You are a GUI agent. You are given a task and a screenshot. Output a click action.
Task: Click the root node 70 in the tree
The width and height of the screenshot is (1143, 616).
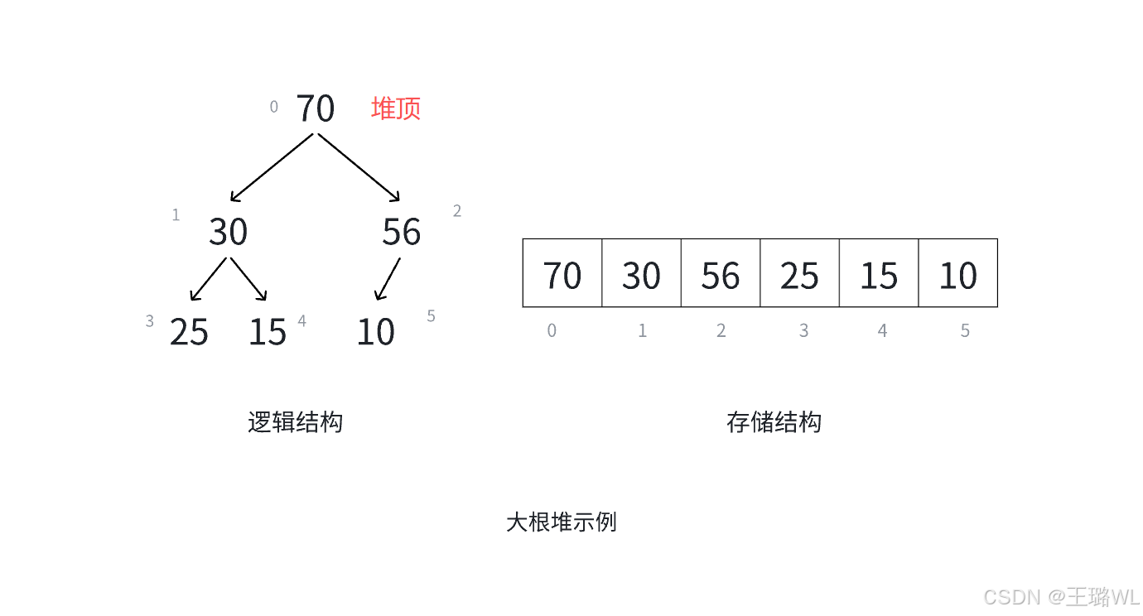point(316,108)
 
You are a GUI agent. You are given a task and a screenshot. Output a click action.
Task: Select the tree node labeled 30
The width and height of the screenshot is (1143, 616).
point(228,232)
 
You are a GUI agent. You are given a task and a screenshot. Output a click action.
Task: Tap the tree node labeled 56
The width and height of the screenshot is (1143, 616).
point(401,232)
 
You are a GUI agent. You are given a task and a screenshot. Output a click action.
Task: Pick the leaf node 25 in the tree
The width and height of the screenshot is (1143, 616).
point(189,332)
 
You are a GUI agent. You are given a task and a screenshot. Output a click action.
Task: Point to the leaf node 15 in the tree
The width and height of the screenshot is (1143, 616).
point(267,332)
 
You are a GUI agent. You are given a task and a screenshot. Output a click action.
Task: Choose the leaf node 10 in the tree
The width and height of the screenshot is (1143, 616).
point(375,332)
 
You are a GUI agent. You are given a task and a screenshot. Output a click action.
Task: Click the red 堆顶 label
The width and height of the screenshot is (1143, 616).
point(396,108)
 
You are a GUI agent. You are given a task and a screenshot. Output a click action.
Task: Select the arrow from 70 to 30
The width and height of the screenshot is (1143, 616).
point(272,167)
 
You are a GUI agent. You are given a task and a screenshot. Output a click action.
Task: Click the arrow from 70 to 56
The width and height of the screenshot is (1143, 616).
point(359,167)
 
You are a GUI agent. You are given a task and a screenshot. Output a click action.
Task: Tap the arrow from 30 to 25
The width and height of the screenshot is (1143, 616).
point(208,280)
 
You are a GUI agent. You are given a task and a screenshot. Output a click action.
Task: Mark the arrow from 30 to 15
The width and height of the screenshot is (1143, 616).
point(248,280)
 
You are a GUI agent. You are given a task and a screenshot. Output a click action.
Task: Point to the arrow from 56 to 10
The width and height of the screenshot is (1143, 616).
point(388,279)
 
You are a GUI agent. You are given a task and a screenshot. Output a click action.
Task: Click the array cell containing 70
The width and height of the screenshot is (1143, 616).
point(562,273)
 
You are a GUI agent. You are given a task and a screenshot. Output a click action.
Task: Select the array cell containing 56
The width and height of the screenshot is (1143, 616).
point(721,273)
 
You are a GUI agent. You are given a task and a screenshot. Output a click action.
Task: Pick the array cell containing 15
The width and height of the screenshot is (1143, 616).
point(879,273)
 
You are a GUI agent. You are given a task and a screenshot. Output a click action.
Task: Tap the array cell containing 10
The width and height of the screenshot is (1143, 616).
point(957,273)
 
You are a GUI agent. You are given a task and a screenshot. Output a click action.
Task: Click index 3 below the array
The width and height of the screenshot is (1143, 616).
point(803,331)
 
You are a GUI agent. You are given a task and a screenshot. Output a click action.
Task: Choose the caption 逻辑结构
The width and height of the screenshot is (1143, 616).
point(295,422)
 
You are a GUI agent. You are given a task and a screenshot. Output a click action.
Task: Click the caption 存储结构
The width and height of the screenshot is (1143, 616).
point(774,422)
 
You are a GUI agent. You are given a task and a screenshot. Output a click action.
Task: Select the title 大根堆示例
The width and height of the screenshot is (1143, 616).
point(562,522)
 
